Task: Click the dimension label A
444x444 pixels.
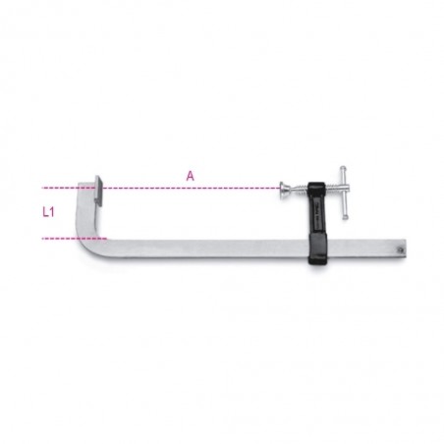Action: coord(191,176)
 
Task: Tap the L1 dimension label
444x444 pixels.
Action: coord(48,212)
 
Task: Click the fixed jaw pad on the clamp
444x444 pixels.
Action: coord(98,192)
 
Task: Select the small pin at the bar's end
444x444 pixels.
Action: coord(400,250)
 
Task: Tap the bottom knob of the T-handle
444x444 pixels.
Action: coord(345,216)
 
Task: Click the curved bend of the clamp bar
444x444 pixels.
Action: coord(84,240)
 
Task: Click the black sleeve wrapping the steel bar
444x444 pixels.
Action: coord(317,249)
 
